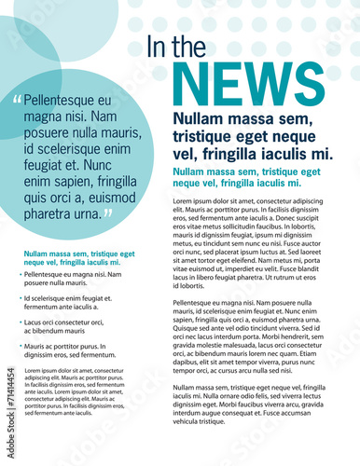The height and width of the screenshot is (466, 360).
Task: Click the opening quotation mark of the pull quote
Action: coord(17,100)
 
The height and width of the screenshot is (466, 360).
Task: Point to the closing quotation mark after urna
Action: coord(108,213)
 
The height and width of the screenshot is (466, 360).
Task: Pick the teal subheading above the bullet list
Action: coord(78,258)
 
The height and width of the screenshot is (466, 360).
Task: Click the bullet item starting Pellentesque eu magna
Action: coord(72,279)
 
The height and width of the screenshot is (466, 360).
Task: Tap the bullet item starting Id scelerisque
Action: coord(72,302)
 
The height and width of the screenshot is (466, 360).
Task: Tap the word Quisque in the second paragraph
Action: coord(187,327)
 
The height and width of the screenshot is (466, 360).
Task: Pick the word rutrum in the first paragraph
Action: coord(280,277)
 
